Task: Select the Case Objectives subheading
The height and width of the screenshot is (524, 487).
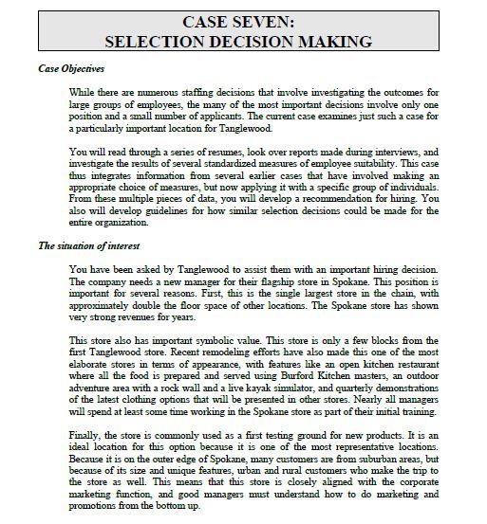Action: (71, 69)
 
